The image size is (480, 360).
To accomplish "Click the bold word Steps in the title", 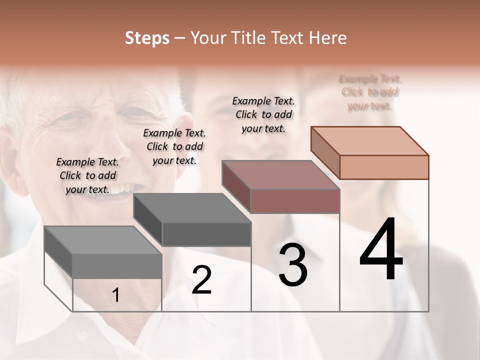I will tap(147, 38).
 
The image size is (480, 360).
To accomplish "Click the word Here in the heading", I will tap(328, 38).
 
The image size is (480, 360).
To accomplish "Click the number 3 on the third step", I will tap(293, 265).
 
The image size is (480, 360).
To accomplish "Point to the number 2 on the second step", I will tap(201, 280).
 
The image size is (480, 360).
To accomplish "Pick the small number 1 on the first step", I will tap(115, 295).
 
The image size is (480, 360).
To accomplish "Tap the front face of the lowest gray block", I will tap(117, 266).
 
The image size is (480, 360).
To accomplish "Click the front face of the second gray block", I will tap(206, 234).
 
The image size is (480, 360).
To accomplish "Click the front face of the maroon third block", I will tap(295, 201).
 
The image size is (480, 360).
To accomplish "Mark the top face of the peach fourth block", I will tap(370, 140).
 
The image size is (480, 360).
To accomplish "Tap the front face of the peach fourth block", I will tap(384, 167).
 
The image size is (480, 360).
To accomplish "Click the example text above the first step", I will tap(87, 175).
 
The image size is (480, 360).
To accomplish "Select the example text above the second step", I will tap(174, 146).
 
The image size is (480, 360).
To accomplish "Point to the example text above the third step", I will tap(263, 114).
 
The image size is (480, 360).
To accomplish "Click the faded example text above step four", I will tap(370, 92).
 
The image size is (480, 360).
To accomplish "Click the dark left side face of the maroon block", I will tap(236, 186).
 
